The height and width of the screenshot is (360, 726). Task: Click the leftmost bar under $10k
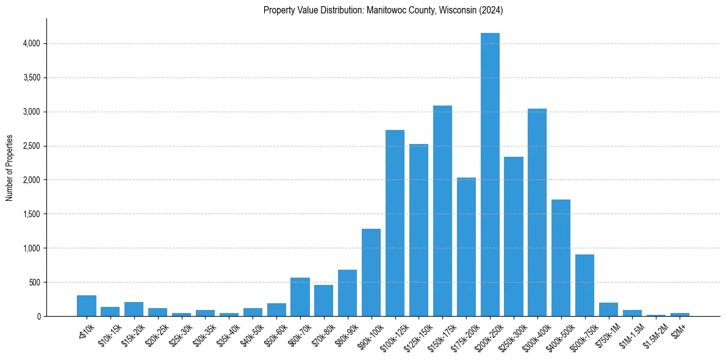click(87, 306)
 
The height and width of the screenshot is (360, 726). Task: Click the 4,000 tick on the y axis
click(31, 44)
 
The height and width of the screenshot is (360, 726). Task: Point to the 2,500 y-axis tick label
click(31, 146)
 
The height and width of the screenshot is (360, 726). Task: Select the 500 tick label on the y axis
click(35, 283)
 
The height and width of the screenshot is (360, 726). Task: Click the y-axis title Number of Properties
click(9, 168)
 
